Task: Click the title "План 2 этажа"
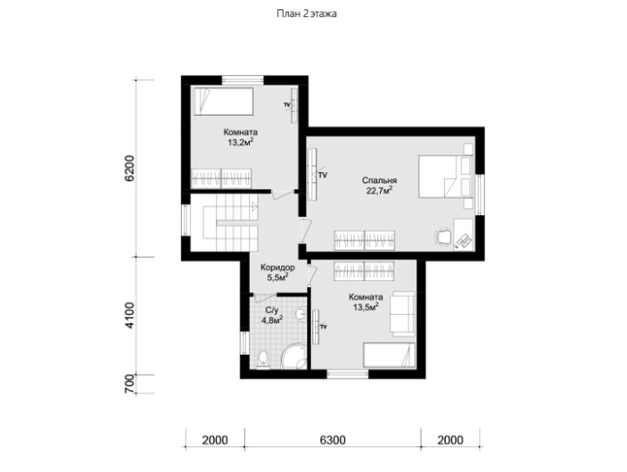coord(307,14)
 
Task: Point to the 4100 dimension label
coord(130,316)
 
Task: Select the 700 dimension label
coord(130,385)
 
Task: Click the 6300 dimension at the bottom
coord(333,440)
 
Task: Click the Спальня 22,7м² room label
coord(379,186)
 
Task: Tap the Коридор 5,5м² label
coord(277,272)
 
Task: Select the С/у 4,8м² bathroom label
coord(272,315)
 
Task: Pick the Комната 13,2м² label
coord(240,137)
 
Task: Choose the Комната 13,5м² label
coord(366,302)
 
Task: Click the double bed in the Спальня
coord(444,177)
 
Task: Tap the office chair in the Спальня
coord(443,236)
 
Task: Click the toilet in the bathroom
coord(262,360)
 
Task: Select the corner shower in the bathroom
coord(295,356)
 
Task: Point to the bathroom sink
coord(299,314)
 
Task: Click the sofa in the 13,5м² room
coord(402,313)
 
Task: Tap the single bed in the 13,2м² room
coord(223,102)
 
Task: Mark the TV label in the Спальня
coord(322,175)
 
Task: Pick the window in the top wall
coord(243,79)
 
